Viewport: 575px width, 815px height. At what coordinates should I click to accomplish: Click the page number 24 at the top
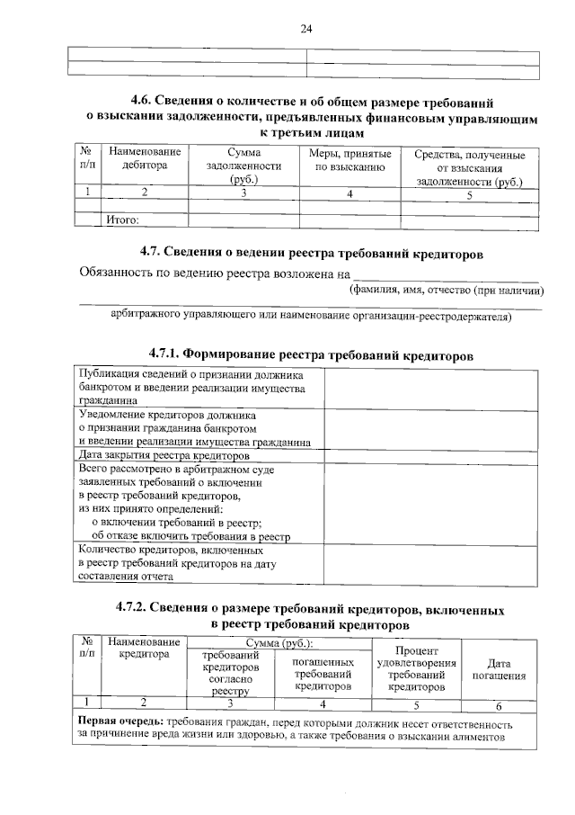coord(305,29)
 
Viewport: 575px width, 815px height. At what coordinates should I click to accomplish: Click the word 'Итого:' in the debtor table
coord(124,218)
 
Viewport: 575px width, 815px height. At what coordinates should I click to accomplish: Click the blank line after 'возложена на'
coord(446,273)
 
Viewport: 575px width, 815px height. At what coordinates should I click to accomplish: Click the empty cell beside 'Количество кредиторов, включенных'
coord(431,563)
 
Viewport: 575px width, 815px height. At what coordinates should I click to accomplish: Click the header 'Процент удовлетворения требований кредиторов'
coord(416,668)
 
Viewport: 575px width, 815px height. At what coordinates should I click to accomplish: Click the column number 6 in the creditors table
coord(499,704)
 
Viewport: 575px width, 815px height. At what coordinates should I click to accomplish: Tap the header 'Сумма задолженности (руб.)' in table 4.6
coord(243,167)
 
